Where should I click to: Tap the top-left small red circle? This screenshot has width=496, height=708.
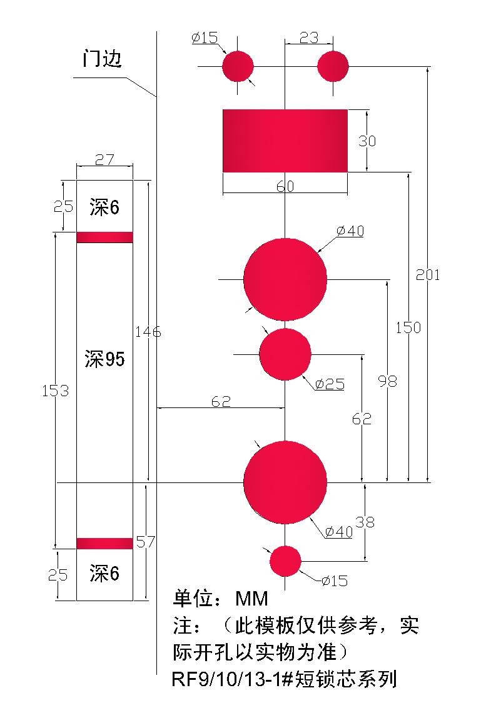pos(237,66)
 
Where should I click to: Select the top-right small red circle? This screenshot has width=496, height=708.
pos(333,66)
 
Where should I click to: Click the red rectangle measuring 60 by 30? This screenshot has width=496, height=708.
pos(285,140)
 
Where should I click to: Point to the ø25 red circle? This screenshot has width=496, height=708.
pos(285,354)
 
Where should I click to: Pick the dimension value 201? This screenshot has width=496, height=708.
pos(428,274)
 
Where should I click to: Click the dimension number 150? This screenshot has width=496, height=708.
pos(408,327)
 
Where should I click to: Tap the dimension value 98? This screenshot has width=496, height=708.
pos(388,381)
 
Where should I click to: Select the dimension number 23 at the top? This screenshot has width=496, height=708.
pos(309,38)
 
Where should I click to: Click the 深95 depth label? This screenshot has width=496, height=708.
pos(104,359)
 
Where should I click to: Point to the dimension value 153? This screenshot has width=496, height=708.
pos(55,391)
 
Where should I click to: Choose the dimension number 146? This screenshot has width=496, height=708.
pos(148,332)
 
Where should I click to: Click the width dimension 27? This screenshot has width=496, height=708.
pos(104,159)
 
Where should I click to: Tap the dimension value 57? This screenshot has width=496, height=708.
pos(145,542)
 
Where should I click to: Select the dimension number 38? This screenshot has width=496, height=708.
pos(365,522)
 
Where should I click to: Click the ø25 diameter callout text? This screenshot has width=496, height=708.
pos(330,384)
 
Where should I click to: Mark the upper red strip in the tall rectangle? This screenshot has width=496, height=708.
pos(104,237)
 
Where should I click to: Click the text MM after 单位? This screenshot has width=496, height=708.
pos(251,599)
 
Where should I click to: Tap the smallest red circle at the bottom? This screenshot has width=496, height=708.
pos(285,561)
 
